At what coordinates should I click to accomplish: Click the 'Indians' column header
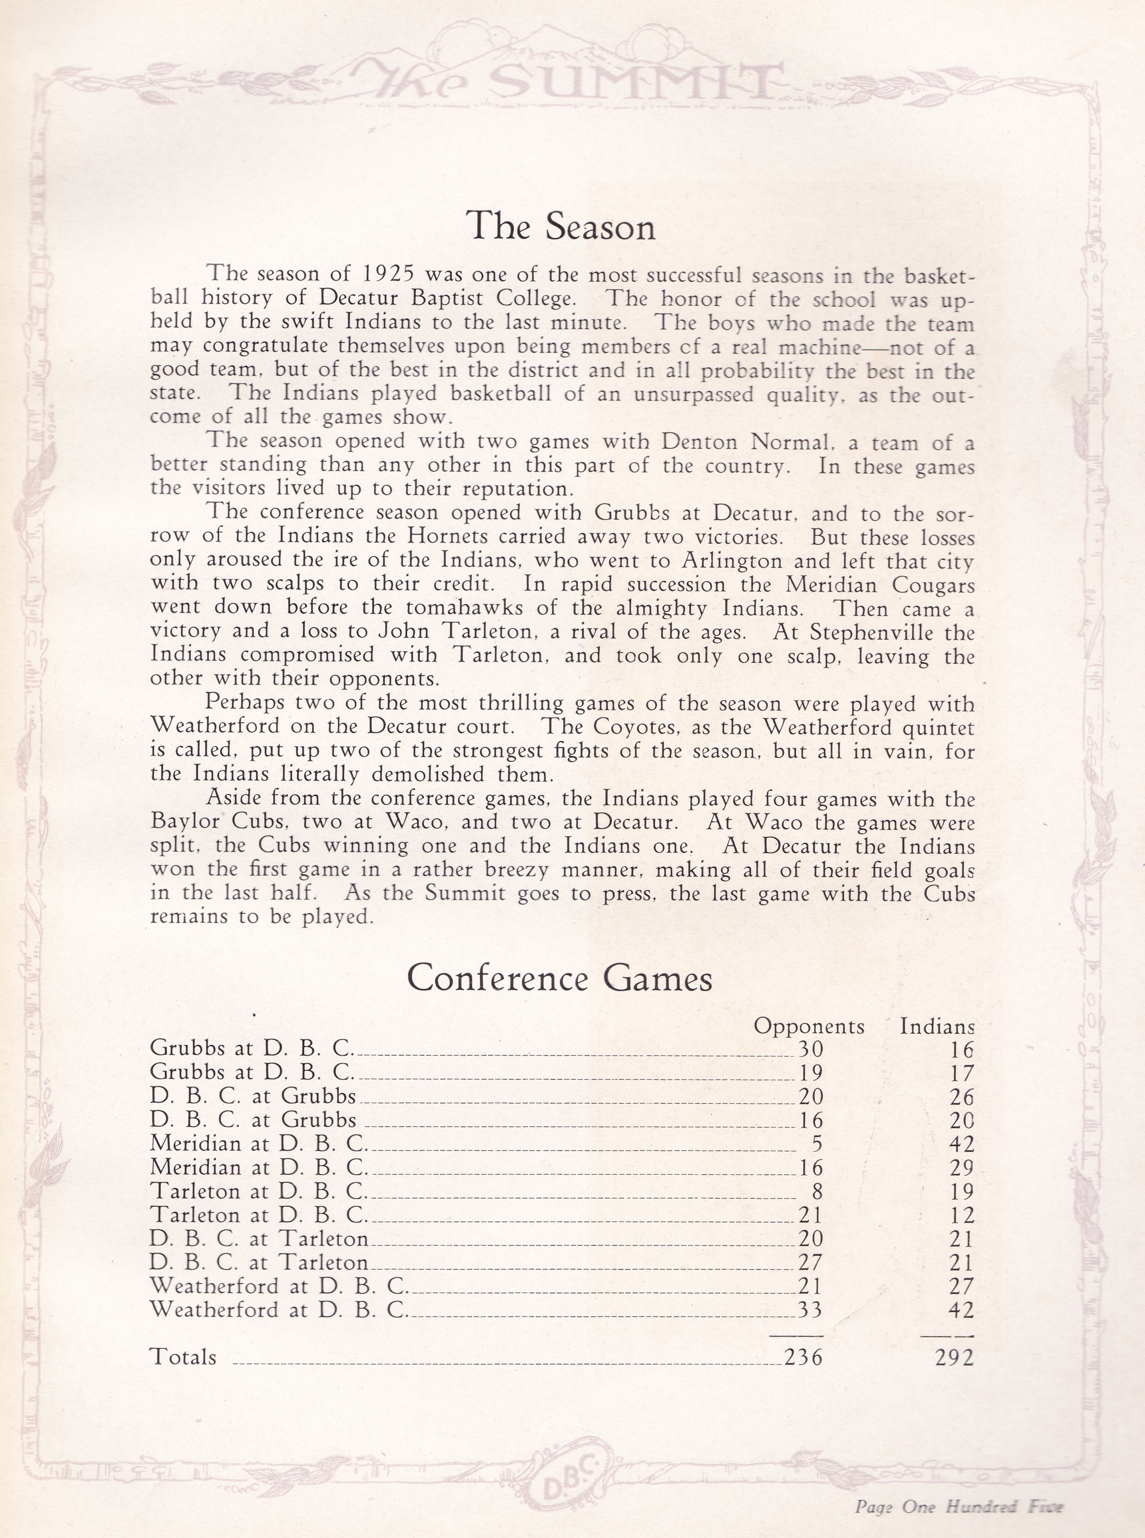coord(937,1027)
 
